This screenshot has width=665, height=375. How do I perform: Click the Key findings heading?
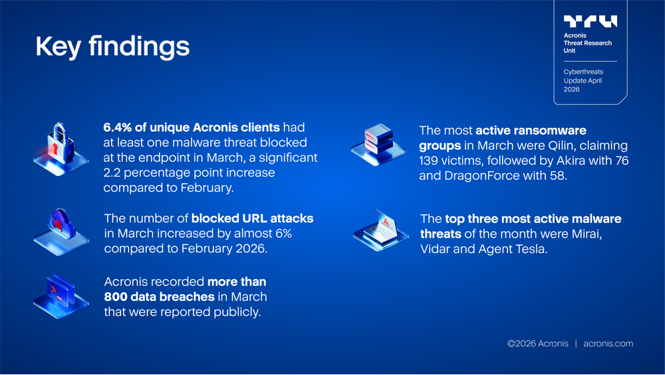pos(112,47)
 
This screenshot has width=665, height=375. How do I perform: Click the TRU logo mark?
pos(590,21)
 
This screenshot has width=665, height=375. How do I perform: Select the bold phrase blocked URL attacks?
pos(252,218)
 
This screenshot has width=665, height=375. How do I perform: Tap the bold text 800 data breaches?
pos(159,296)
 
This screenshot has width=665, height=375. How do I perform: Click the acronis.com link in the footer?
pos(608,344)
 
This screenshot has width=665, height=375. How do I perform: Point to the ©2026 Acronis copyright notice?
pos(537,344)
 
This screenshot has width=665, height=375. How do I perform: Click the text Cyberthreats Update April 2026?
pos(583,80)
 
